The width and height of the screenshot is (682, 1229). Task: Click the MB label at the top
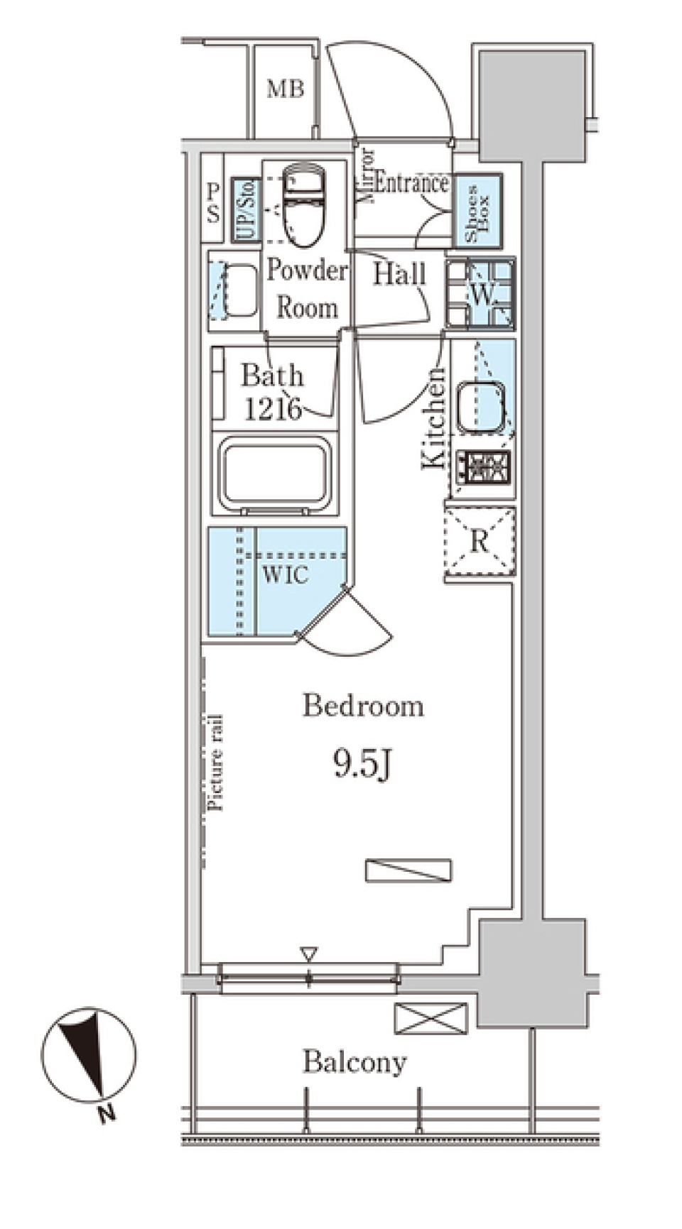pos(286,89)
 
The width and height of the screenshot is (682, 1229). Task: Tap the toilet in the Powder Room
pos(302,204)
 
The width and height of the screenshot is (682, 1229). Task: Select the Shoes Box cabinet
pos(477,210)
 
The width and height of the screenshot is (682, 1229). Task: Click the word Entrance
pos(411,183)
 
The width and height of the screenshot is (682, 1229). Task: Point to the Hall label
pos(400,274)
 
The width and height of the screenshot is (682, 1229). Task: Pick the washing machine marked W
pos(480,294)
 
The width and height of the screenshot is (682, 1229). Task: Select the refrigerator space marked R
pos(480,542)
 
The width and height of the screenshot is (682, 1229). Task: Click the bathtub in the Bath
pos(274,474)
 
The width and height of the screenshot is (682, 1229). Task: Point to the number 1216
pos(273,408)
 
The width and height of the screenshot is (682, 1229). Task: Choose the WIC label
pos(286,574)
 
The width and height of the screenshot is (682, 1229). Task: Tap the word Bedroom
pos(363,706)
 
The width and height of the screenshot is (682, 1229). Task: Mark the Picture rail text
pos(216,762)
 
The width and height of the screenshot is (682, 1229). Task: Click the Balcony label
pos(354,1062)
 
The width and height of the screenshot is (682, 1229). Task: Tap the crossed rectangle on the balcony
pos(431,1018)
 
